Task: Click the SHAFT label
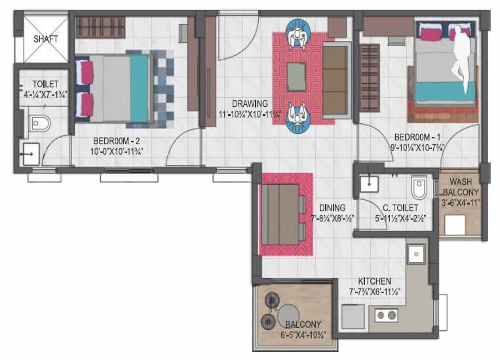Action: point(45,39)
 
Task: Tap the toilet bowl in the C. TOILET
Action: point(419,188)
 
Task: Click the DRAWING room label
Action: point(249,103)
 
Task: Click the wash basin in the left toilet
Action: point(29,155)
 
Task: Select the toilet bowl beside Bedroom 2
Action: point(40,123)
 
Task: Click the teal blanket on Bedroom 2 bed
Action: point(139,89)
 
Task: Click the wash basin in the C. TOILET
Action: point(371,184)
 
